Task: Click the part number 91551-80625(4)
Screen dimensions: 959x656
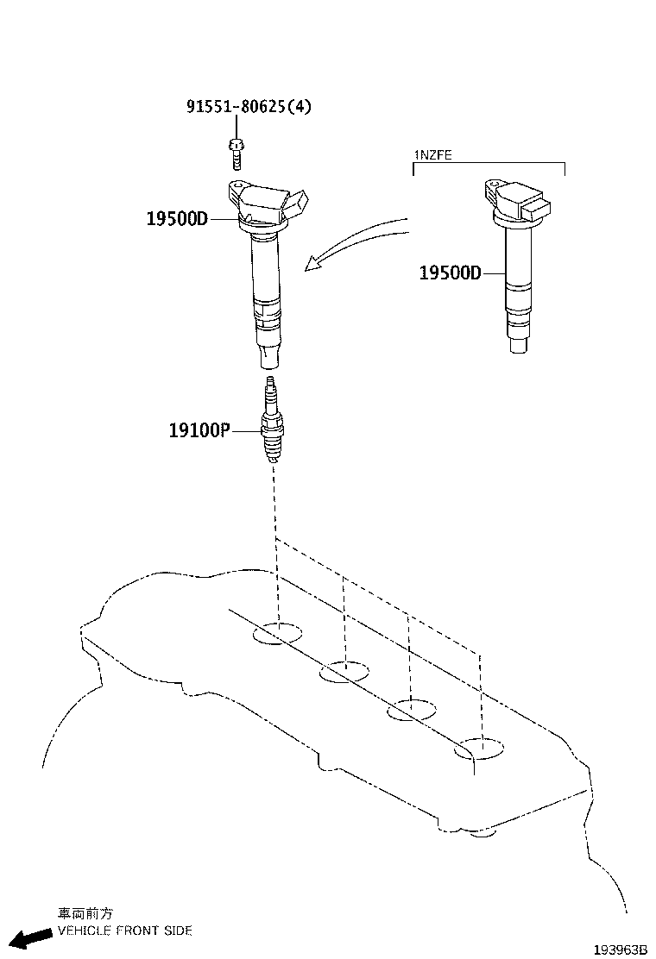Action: pos(249,107)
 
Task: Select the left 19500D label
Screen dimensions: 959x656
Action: pos(177,219)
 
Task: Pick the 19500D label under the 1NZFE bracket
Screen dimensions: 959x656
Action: pos(449,273)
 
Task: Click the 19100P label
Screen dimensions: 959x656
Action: pos(199,429)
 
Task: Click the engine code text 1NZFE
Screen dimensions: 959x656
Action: pos(433,155)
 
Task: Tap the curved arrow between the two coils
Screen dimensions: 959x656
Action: pos(354,244)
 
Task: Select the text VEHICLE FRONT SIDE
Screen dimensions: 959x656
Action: pos(124,931)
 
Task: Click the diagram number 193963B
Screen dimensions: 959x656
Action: pos(620,949)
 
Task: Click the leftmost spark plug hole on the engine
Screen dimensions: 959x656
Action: pos(278,635)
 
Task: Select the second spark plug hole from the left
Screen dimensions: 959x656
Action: pos(344,673)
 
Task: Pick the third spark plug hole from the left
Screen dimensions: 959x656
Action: pos(411,711)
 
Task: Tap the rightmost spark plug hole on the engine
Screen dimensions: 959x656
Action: pos(481,749)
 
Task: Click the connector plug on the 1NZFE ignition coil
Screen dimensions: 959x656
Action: pos(537,210)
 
